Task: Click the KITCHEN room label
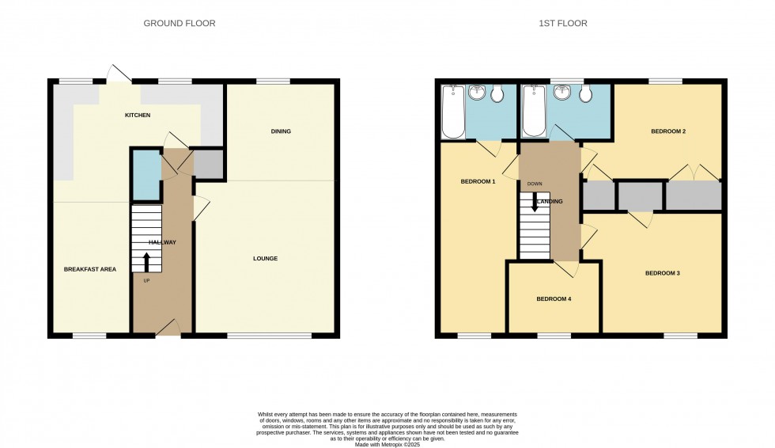(x=138, y=116)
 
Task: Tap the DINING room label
(x=281, y=131)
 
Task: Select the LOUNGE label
(x=265, y=259)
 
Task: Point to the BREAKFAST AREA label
(x=90, y=269)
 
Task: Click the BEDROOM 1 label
(x=478, y=182)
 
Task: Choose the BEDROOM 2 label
(x=667, y=131)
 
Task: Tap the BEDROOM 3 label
(x=663, y=273)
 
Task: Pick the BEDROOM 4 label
(x=554, y=298)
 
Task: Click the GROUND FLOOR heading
(x=180, y=24)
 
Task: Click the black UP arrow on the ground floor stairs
(x=146, y=261)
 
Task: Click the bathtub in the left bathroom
(x=454, y=112)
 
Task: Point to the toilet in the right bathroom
(x=586, y=95)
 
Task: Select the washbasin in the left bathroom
(x=477, y=94)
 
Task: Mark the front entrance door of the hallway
(x=167, y=328)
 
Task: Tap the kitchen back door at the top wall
(x=119, y=74)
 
